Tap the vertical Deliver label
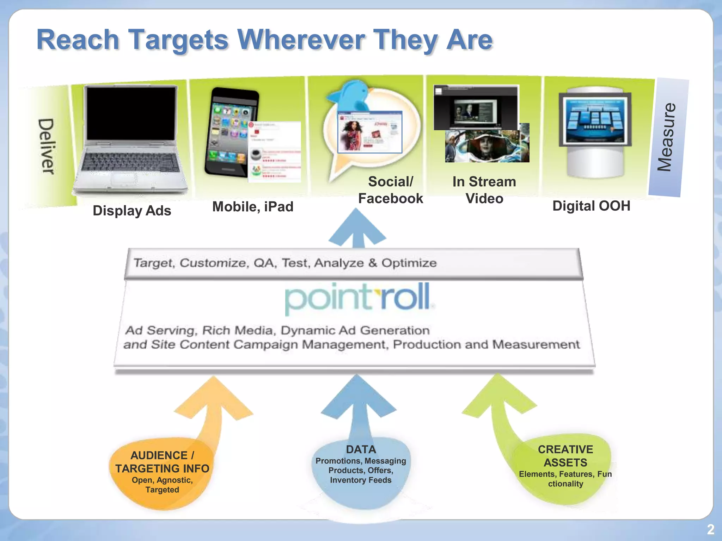46,146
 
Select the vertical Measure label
667,137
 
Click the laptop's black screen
131,114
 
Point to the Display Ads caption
132,211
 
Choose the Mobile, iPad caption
253,207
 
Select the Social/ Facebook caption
391,190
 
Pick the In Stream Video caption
484,190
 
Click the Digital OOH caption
591,206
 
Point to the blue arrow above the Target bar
357,229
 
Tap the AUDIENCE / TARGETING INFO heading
162,462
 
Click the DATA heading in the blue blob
361,449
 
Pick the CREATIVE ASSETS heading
565,456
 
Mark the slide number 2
711,529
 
